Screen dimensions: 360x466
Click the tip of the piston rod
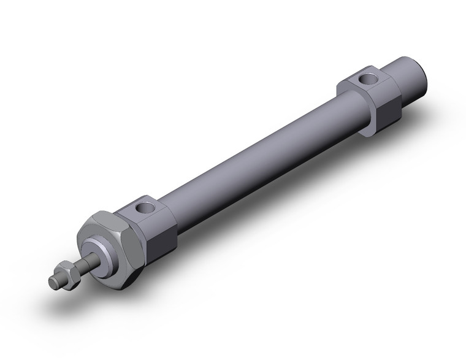pyautogui.click(x=53, y=282)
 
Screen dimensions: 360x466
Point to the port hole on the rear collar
pyautogui.click(x=369, y=79)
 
